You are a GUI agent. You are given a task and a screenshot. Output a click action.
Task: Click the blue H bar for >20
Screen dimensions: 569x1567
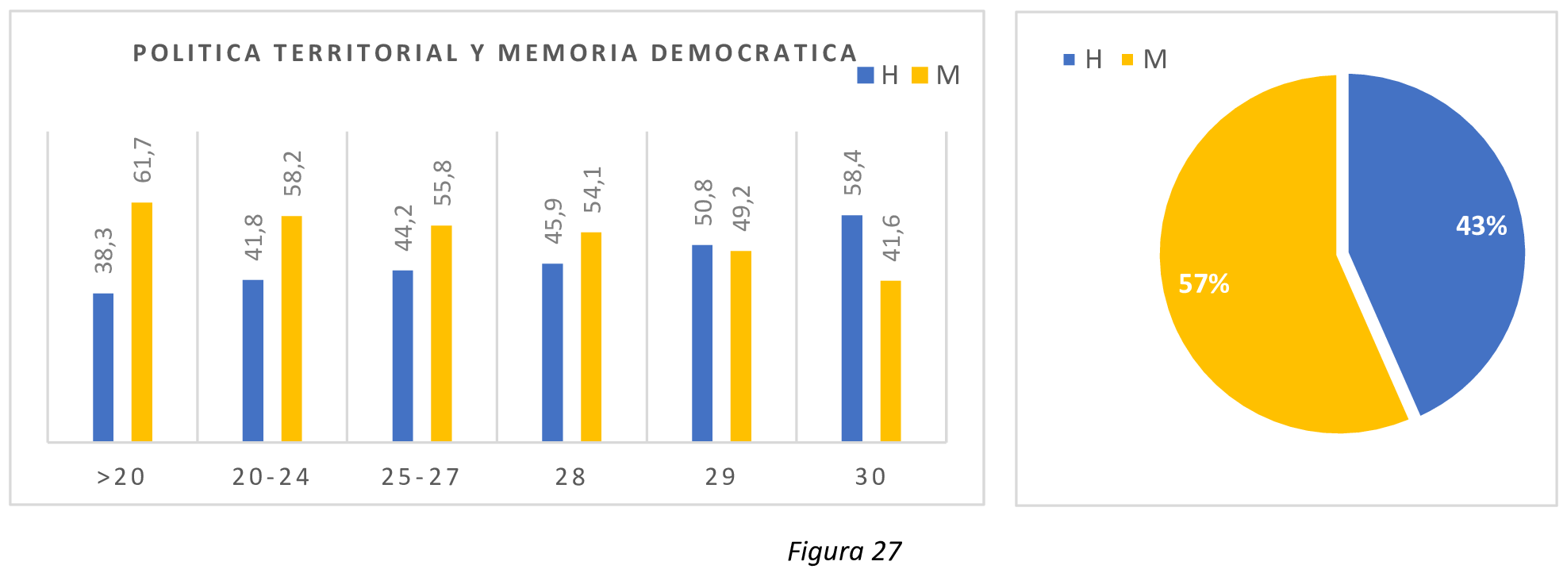coord(103,367)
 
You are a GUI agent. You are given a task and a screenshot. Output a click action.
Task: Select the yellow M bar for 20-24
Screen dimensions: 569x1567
coord(291,328)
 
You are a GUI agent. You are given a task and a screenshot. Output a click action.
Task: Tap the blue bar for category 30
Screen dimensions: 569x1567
coord(851,328)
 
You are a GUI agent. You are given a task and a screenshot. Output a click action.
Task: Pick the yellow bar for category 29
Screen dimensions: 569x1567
coord(740,346)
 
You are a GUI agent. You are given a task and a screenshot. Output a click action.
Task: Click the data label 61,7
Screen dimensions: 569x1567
coord(143,160)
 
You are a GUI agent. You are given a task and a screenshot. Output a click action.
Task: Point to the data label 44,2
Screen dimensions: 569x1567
coord(404,228)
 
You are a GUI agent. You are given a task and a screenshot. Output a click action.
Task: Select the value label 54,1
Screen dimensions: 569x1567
coord(593,190)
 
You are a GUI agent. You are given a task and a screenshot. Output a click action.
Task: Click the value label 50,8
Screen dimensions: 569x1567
coord(703,202)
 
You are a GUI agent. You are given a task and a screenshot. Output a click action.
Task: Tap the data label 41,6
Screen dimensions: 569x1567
coord(892,237)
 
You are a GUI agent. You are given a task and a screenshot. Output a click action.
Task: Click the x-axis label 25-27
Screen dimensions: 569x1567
coord(421,477)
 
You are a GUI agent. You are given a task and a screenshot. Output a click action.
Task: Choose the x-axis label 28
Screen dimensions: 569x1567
coord(570,477)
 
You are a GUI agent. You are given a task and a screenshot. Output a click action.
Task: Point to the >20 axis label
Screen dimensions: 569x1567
coord(121,477)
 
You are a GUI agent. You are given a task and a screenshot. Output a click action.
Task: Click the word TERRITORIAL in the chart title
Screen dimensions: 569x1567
coord(366,53)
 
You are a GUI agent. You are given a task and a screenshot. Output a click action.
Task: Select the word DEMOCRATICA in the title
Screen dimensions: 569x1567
coord(754,53)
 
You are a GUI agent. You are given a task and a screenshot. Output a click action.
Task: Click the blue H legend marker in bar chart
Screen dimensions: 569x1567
coord(865,75)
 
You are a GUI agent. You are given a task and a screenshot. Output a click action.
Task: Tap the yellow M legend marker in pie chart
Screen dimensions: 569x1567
coord(1127,60)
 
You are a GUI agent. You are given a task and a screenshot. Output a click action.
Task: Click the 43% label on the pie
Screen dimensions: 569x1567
coord(1481,226)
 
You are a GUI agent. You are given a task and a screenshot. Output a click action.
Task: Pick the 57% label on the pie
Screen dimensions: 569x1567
coord(1204,283)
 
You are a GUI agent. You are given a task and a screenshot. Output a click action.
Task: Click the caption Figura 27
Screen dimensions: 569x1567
coord(844,551)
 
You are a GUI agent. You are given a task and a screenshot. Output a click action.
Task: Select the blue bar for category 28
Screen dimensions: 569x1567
coord(552,352)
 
